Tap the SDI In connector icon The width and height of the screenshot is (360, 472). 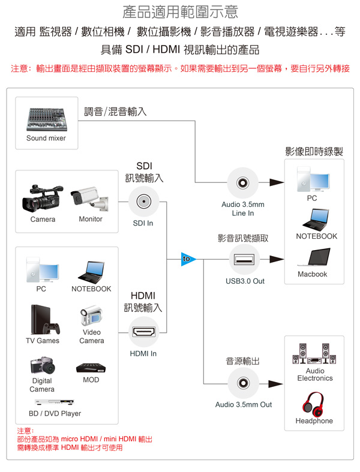coord(143,202)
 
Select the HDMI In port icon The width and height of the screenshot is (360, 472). coord(143,332)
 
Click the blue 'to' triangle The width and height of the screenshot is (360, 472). coord(188,259)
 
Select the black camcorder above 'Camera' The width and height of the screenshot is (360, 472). coord(42,198)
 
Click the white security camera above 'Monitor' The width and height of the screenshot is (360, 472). coord(90,200)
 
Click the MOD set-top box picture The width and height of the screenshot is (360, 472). coord(91,367)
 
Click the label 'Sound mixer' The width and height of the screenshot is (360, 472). coord(46,139)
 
